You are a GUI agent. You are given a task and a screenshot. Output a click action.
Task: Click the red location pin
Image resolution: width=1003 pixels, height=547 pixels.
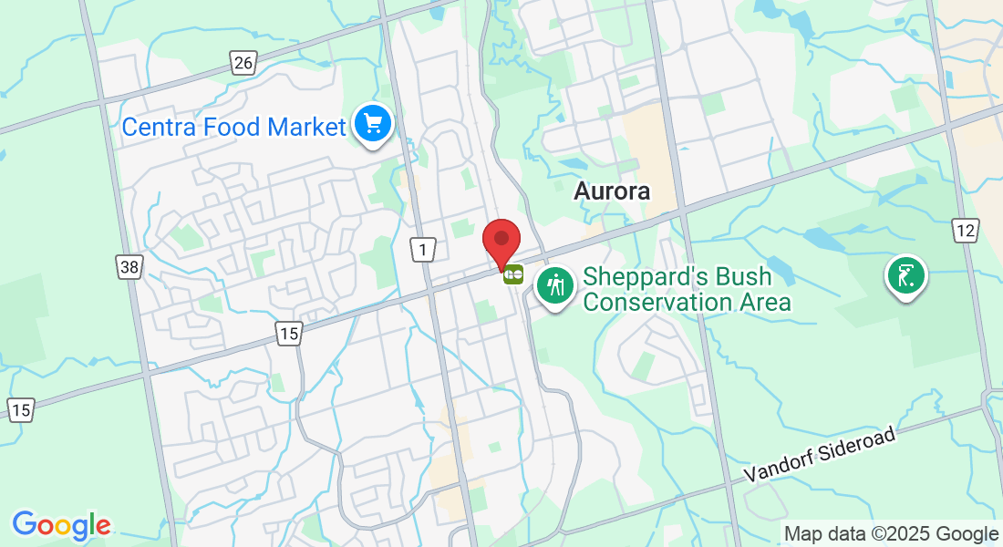click(501, 242)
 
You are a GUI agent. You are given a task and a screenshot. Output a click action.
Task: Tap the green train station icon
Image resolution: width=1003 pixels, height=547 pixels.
click(513, 274)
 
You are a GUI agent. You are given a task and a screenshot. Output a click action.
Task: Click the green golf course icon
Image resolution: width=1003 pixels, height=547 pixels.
click(905, 274)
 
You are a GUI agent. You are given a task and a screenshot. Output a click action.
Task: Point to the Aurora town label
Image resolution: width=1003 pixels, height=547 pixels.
click(612, 191)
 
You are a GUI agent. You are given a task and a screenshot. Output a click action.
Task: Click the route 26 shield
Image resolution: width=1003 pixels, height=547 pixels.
click(243, 63)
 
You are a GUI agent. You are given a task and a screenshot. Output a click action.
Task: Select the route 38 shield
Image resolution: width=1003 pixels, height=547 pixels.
click(129, 266)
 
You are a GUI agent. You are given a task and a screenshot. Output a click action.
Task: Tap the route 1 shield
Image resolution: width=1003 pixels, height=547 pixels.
click(423, 249)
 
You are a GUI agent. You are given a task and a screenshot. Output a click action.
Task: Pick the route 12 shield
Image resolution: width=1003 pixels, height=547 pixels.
click(966, 230)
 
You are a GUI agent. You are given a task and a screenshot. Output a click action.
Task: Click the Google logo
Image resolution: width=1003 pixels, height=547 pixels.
click(61, 525)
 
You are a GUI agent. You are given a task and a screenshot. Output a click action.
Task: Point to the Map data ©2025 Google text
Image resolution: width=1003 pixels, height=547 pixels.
click(891, 533)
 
